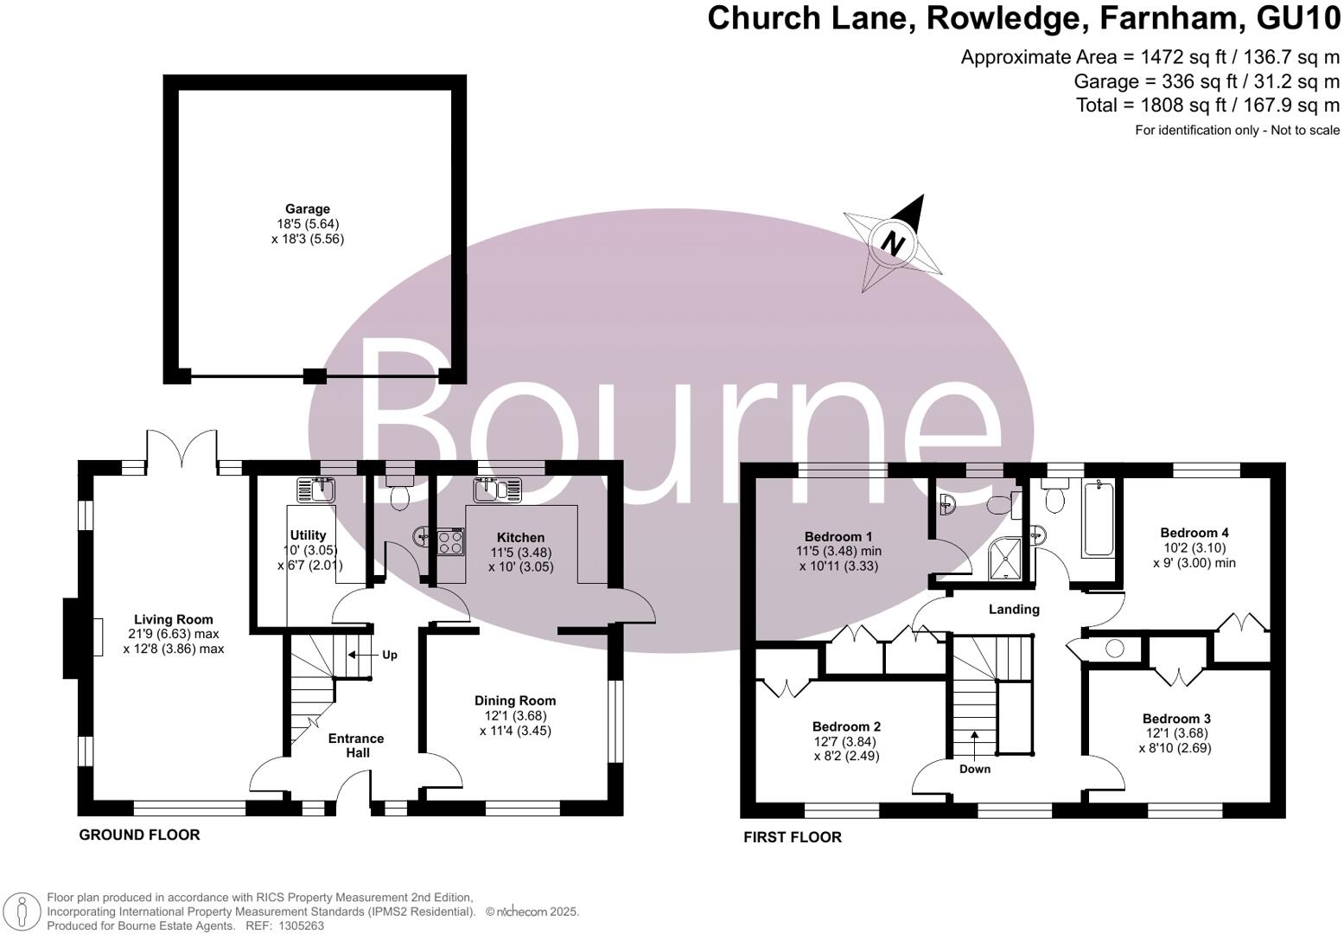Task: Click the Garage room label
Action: (308, 209)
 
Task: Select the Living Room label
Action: (173, 619)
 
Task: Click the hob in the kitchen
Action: (450, 542)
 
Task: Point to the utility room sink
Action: (316, 490)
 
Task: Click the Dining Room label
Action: (515, 700)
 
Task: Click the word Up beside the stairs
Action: (390, 655)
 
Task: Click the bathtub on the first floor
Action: (1099, 519)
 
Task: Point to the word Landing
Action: (1014, 609)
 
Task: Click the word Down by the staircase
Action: (975, 769)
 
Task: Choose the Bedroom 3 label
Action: (1176, 719)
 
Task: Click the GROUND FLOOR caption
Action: (139, 835)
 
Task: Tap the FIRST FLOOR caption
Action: (793, 836)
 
